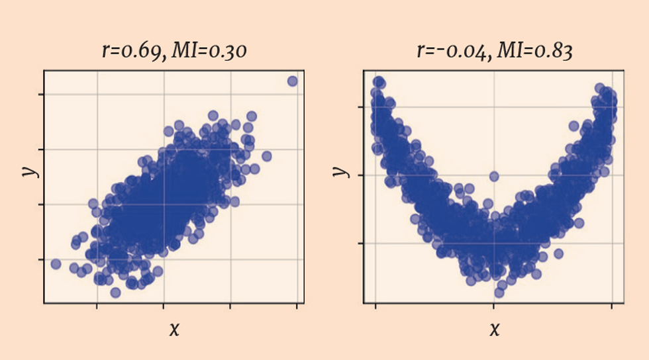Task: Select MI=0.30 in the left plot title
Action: point(209,52)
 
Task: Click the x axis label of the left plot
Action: point(174,329)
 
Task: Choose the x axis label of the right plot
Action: point(494,329)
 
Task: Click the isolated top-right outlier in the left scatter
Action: point(292,81)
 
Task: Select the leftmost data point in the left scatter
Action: point(56,264)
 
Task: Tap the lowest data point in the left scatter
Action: point(115,292)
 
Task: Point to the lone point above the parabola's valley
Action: point(493,176)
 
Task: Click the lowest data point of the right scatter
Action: point(499,292)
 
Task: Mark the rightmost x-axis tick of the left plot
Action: point(297,306)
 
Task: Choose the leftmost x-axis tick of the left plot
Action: point(97,306)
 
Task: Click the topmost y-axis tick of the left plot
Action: point(42,94)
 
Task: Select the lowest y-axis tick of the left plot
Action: point(42,259)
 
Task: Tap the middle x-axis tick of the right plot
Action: point(493,306)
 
